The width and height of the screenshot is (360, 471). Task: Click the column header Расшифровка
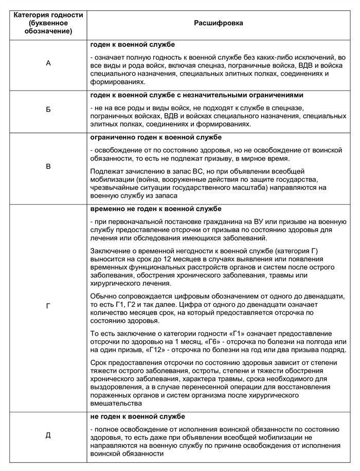pyautogui.click(x=219, y=23)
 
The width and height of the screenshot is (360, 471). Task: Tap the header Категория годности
pyautogui.click(x=48, y=15)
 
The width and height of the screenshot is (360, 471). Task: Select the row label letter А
pyautogui.click(x=48, y=63)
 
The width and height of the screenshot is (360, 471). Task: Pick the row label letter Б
pyautogui.click(x=48, y=110)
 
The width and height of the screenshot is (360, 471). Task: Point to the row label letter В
pyautogui.click(x=48, y=167)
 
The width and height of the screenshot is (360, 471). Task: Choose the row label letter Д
pyautogui.click(x=48, y=435)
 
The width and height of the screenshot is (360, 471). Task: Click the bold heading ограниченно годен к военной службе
pyautogui.click(x=155, y=138)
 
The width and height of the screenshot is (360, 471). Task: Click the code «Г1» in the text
pyautogui.click(x=240, y=333)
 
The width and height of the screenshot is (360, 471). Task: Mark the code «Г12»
pyautogui.click(x=156, y=351)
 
